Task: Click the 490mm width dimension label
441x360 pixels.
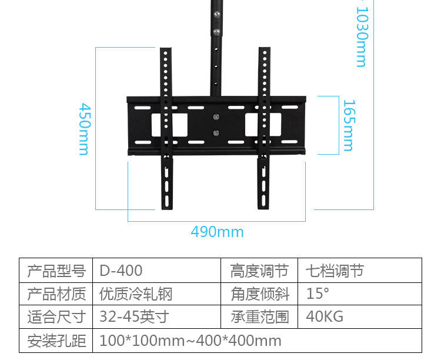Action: click(217, 232)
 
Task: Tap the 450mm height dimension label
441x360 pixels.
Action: click(84, 129)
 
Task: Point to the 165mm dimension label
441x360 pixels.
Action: click(348, 125)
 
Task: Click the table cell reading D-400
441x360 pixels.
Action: click(121, 271)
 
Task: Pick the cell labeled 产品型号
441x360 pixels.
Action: click(56, 271)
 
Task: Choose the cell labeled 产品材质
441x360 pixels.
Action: click(56, 294)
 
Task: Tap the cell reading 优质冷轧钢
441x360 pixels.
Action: click(136, 294)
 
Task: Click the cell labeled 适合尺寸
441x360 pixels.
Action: click(56, 317)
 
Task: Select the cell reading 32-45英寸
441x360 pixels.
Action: click(134, 317)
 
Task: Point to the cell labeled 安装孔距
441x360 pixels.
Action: click(56, 341)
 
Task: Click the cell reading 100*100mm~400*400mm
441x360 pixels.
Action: click(191, 341)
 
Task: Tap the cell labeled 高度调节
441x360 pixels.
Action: click(259, 271)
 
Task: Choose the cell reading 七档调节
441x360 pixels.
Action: click(335, 271)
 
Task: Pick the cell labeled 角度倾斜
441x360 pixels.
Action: click(259, 294)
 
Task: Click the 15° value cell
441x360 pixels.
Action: click(318, 294)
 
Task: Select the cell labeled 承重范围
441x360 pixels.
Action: click(259, 317)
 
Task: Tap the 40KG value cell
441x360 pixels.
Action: click(325, 317)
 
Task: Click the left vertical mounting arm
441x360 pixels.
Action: click(168, 176)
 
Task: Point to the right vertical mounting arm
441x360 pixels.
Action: click(263, 176)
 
